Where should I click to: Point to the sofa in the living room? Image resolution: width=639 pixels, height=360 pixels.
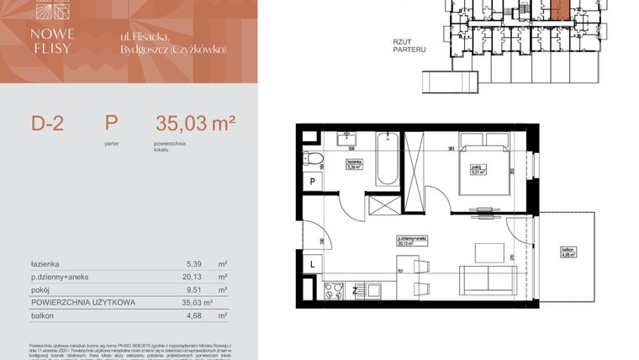click(x=487, y=278)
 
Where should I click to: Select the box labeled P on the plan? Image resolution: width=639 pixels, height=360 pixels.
click(x=312, y=181)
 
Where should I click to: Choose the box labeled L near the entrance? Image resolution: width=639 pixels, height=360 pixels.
click(x=312, y=265)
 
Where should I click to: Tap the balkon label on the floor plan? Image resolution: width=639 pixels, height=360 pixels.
click(x=568, y=255)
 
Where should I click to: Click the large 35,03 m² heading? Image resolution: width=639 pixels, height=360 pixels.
click(x=195, y=124)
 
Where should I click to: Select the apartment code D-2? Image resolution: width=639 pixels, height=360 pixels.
click(x=48, y=124)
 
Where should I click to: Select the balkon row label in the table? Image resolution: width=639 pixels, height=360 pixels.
click(x=43, y=315)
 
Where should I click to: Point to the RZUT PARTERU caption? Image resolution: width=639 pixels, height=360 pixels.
click(x=409, y=45)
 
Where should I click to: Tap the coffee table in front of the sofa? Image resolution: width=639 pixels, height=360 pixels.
click(x=487, y=251)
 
